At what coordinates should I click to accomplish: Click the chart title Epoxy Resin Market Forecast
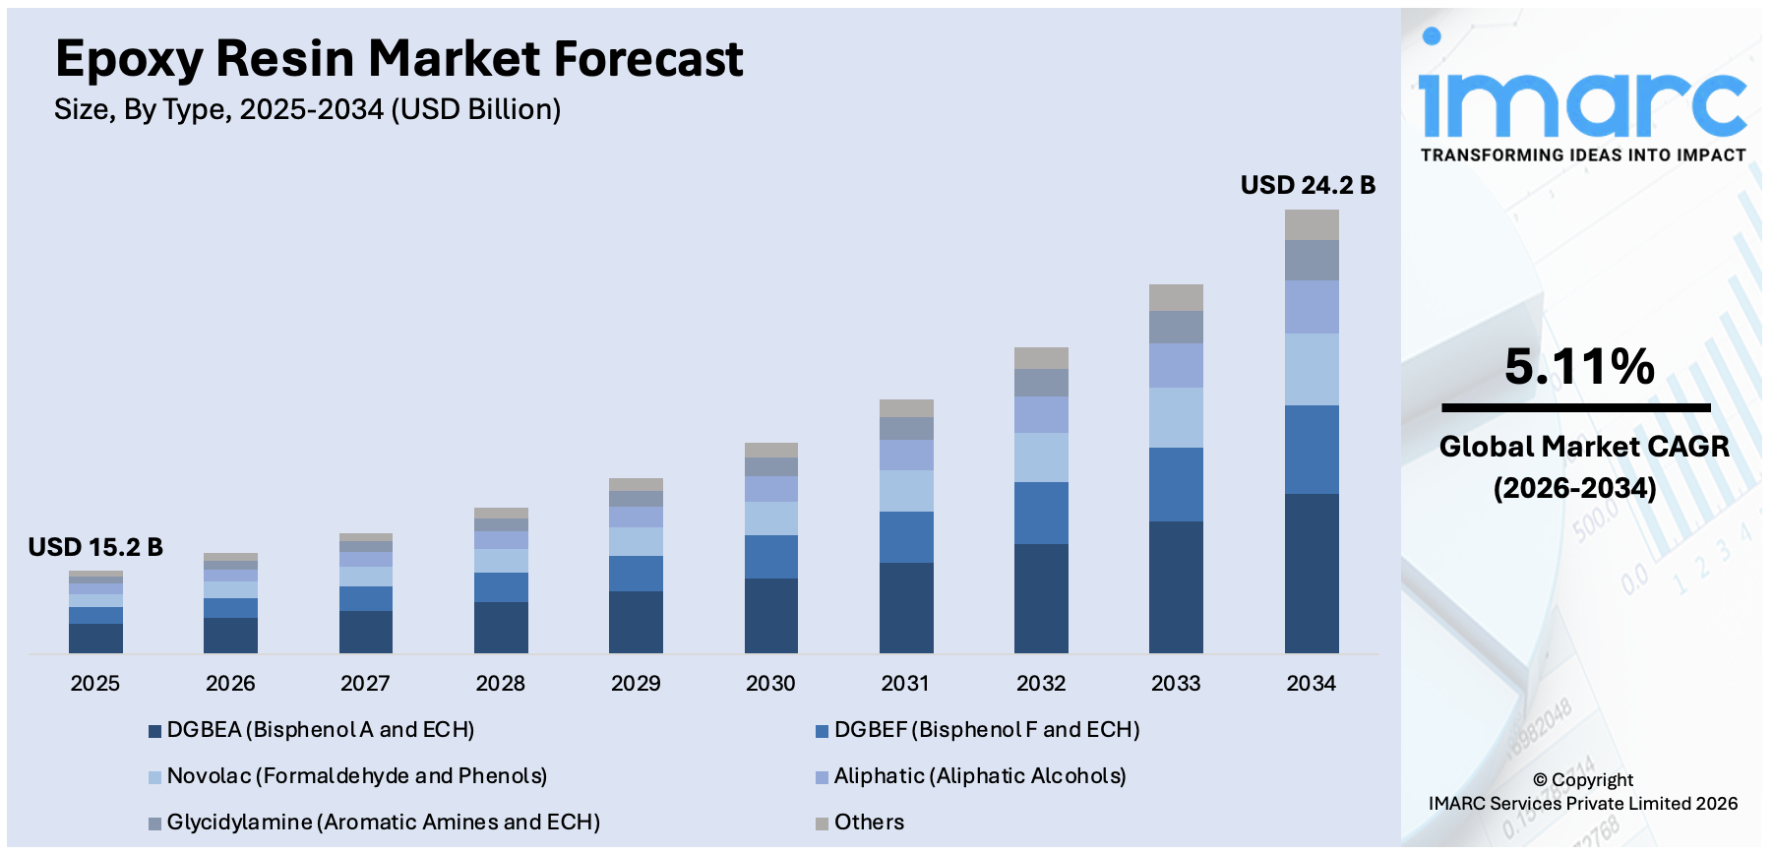(x=398, y=59)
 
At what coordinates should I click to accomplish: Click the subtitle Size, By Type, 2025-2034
(x=307, y=109)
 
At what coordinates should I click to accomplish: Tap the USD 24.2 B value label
(x=1307, y=185)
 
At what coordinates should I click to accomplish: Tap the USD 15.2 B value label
(x=95, y=547)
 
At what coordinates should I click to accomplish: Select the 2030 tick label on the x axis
(x=770, y=683)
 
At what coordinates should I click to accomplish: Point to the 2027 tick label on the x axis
(x=365, y=683)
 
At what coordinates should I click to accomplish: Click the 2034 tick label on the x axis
(x=1311, y=683)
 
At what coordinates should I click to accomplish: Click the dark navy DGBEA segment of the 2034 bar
(x=1311, y=573)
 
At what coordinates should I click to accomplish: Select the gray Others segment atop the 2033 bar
(x=1176, y=297)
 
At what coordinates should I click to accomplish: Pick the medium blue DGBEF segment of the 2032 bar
(x=1041, y=513)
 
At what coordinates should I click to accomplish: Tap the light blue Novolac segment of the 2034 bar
(x=1311, y=369)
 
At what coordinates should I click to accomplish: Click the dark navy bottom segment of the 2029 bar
(x=636, y=622)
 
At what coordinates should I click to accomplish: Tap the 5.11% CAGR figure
(x=1579, y=367)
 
